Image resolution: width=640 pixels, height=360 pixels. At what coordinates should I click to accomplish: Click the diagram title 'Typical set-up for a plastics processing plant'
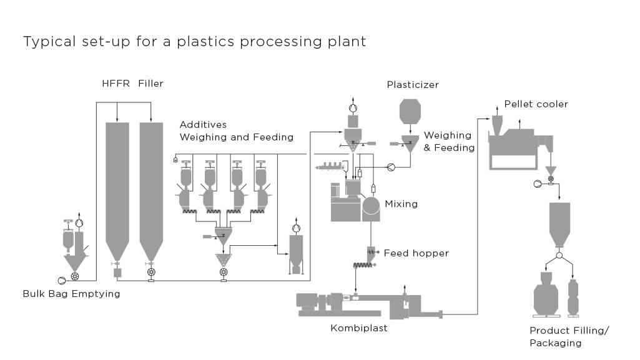(194, 42)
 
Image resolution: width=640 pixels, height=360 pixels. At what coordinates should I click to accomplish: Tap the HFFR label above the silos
(116, 83)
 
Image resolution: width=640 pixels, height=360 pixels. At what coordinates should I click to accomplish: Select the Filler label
(151, 83)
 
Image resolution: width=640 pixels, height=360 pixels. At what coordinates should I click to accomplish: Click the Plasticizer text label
(413, 85)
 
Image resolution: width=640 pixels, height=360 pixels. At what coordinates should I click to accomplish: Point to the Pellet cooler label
(536, 104)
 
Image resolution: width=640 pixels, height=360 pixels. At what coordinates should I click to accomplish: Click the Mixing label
(401, 204)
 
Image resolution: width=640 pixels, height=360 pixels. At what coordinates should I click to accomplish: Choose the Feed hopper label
(416, 253)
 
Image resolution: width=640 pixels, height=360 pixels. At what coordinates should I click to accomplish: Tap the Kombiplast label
(358, 328)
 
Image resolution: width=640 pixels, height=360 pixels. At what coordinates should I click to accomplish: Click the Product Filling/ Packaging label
(560, 336)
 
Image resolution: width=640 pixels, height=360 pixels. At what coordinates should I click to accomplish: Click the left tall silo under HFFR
(117, 187)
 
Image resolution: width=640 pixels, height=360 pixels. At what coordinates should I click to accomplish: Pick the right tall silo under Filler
(150, 187)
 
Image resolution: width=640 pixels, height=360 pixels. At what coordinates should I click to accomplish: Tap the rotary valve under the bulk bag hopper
(76, 276)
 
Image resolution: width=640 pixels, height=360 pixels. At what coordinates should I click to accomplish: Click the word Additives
(203, 125)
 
